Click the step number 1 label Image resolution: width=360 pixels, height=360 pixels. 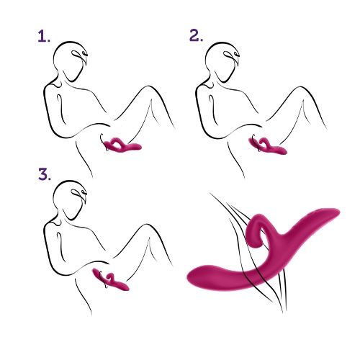coord(43,37)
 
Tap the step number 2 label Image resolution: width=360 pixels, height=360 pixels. coord(196,36)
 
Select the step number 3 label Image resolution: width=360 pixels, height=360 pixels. coord(43,175)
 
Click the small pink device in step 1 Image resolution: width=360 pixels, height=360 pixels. coord(122,146)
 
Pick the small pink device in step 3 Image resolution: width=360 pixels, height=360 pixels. coord(112,282)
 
